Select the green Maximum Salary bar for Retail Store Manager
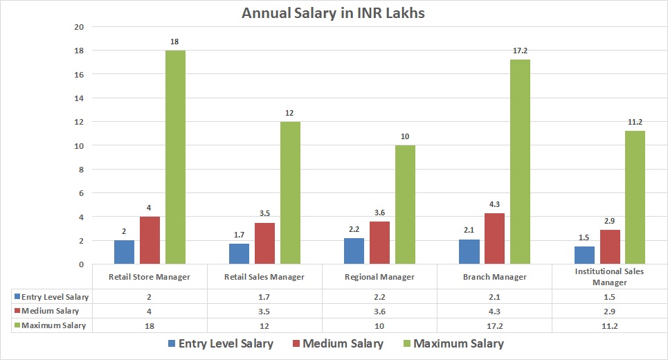click(x=174, y=157)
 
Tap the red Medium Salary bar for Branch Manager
click(x=494, y=239)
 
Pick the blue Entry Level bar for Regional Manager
click(x=354, y=251)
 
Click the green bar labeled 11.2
click(x=634, y=197)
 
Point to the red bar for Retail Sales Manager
click(x=264, y=244)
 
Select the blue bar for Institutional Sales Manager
click(x=584, y=255)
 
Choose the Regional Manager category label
click(x=379, y=277)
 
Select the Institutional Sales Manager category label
click(x=609, y=277)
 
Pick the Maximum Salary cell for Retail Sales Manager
click(x=264, y=325)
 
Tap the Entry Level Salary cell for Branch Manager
click(x=494, y=297)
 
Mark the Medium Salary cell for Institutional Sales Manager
click(x=609, y=311)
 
